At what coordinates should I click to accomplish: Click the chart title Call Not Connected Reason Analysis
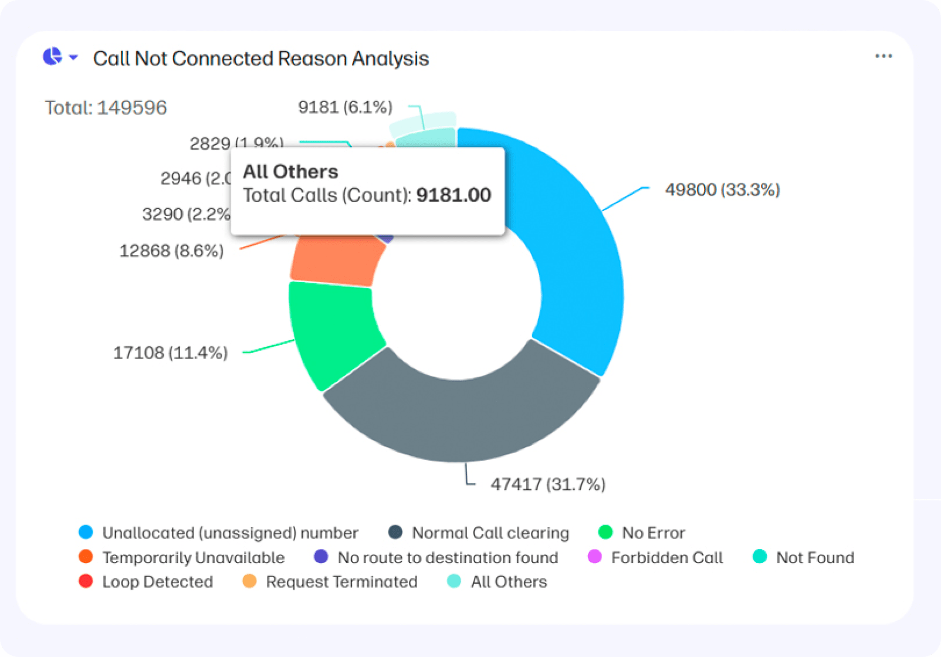[260, 59]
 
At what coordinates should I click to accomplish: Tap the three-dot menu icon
[883, 56]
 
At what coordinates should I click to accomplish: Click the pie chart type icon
[53, 56]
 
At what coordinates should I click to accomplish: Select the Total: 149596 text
[106, 108]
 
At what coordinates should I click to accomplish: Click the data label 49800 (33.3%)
[722, 190]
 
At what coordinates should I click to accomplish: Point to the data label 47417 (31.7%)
[548, 485]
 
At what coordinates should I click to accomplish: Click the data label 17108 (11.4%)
[170, 353]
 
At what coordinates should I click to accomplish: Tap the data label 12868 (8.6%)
[171, 251]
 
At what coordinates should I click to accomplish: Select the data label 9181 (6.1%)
[345, 107]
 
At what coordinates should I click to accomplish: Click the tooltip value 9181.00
[453, 195]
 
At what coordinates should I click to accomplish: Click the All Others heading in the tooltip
[290, 172]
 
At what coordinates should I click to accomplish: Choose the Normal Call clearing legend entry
[490, 533]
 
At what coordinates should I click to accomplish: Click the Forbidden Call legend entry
[666, 557]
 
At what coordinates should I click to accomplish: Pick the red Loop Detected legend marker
[86, 581]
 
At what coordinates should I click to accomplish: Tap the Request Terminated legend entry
[341, 582]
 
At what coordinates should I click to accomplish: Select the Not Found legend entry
[814, 557]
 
